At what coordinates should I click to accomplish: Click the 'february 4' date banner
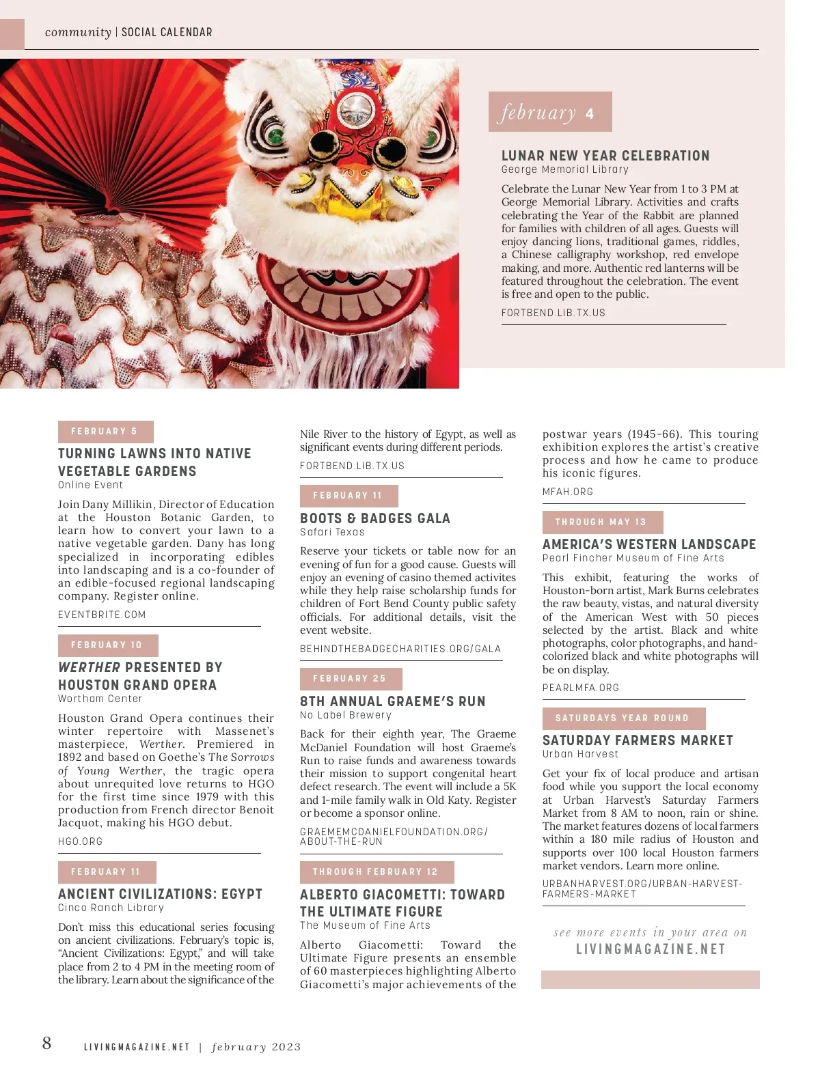549,112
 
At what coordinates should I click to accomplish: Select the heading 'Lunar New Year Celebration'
605,156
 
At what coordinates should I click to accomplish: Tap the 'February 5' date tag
105,432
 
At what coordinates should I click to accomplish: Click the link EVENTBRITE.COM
102,615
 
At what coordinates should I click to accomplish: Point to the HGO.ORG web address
80,841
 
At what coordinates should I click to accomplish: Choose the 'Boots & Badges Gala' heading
375,518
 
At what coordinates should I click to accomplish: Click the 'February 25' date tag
350,679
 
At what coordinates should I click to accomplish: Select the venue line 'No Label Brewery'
346,715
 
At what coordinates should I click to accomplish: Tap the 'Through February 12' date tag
376,872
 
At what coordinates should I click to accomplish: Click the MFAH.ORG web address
568,492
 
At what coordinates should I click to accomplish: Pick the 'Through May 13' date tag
601,522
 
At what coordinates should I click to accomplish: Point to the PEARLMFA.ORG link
581,688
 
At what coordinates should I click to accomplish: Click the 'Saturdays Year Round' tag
623,718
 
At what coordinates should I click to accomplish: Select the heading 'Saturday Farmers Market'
638,740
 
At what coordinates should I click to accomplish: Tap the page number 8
46,1043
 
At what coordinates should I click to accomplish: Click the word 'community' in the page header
78,32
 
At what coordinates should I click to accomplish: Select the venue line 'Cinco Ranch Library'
111,908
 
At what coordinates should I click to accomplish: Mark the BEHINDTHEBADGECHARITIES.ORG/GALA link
400,649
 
